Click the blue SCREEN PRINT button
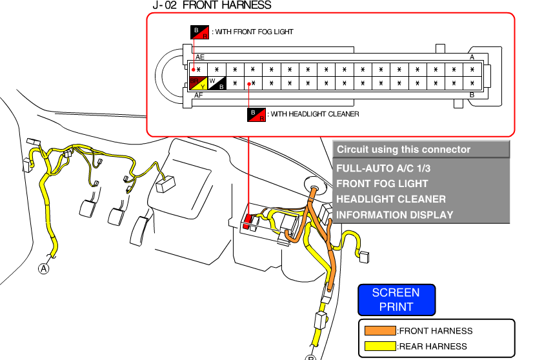click(396, 299)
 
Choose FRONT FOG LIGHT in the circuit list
click(382, 183)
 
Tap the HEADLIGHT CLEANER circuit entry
click(390, 199)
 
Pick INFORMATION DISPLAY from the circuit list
click(394, 215)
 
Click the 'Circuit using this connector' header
click(403, 150)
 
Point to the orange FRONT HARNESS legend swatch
click(380, 331)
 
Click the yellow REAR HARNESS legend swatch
click(380, 346)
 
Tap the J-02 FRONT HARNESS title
click(212, 5)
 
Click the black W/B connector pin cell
click(216, 83)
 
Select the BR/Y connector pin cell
click(197, 83)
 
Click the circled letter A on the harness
click(44, 268)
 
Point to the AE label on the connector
click(200, 57)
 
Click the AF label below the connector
click(199, 95)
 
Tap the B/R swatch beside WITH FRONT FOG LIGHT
click(199, 32)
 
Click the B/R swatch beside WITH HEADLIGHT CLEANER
click(256, 114)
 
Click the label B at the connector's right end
click(472, 95)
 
